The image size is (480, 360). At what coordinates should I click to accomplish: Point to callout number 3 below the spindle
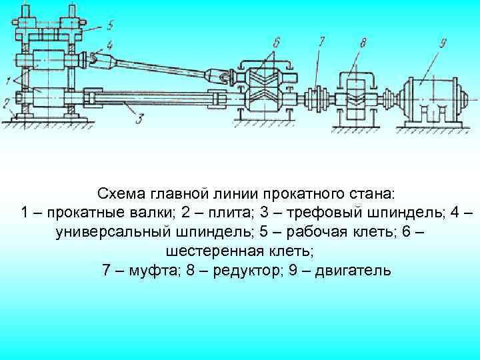pyautogui.click(x=138, y=119)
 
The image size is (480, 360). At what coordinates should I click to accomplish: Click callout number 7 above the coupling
pyautogui.click(x=321, y=42)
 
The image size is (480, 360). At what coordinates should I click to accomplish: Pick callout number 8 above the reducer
pyautogui.click(x=363, y=45)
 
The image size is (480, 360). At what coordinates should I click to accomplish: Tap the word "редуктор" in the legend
pyautogui.click(x=255, y=271)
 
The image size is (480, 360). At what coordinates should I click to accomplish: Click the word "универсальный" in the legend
pyautogui.click(x=111, y=233)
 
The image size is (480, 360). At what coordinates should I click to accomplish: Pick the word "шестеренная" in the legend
pyautogui.click(x=203, y=252)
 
